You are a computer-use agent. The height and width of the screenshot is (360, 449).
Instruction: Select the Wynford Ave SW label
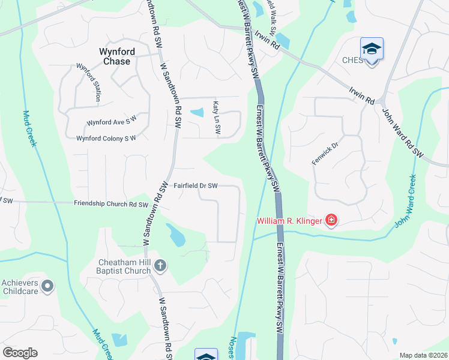click(112, 122)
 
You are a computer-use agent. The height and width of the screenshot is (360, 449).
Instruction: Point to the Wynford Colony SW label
click(106, 139)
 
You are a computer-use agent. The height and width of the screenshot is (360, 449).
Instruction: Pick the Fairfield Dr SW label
click(196, 186)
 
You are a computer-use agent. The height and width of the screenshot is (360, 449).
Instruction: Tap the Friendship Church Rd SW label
click(111, 204)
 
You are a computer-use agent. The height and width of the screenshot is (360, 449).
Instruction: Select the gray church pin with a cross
click(160, 265)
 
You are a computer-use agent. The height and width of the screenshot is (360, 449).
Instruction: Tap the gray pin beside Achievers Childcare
click(49, 286)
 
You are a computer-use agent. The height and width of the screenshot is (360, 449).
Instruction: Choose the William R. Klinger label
click(290, 221)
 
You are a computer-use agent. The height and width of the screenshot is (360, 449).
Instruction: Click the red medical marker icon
click(331, 221)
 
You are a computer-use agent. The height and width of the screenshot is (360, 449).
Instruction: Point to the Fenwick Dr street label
click(325, 153)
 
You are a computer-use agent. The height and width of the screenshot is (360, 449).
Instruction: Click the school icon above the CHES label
click(372, 48)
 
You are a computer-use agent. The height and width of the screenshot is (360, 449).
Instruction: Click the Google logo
click(20, 353)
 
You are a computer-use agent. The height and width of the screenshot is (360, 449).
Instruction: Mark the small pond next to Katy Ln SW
click(197, 112)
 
